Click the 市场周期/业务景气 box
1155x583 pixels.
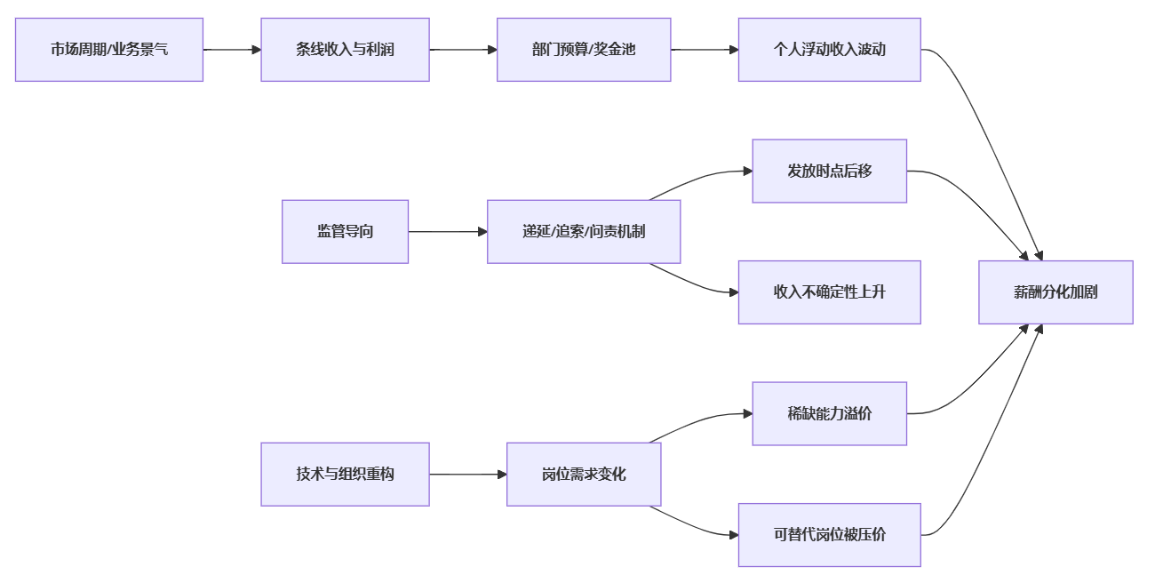tap(109, 50)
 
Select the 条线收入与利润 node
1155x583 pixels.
tap(345, 50)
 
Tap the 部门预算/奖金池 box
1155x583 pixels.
tap(584, 50)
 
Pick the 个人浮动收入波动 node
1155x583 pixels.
tap(829, 50)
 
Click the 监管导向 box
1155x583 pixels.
tap(345, 231)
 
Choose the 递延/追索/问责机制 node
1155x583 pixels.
tap(584, 231)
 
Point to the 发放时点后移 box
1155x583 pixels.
tap(829, 171)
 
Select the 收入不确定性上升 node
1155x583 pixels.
tap(829, 291)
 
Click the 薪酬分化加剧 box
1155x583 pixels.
tap(1055, 291)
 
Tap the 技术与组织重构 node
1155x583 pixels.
tap(345, 475)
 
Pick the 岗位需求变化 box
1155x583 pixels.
tap(584, 475)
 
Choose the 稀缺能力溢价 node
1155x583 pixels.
tap(829, 413)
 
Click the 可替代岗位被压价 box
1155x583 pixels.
tap(829, 535)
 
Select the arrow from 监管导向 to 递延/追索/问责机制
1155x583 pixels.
tap(448, 232)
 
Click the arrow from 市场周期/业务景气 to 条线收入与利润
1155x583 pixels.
tap(232, 50)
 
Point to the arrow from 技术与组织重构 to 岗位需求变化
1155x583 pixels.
tap(467, 475)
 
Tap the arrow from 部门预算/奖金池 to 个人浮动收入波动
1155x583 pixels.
tap(705, 50)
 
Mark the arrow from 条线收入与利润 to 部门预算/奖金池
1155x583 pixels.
tap(463, 50)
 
